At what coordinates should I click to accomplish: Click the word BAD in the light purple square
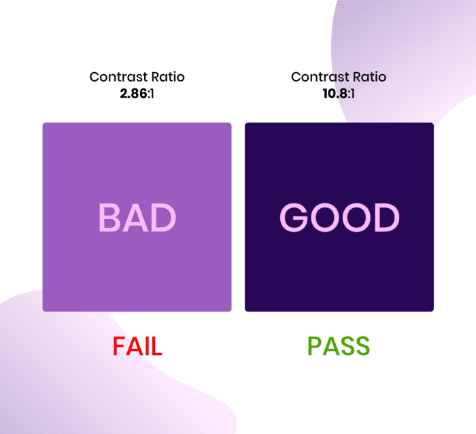137,218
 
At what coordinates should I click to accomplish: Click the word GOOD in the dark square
339,218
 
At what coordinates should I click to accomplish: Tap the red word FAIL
137,346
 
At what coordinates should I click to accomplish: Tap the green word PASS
339,346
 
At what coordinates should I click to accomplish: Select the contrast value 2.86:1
137,94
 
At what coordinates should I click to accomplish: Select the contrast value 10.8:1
339,94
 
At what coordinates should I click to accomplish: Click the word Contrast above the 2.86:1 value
118,77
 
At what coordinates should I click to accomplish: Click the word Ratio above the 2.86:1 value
168,77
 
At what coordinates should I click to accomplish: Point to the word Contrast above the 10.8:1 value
320,77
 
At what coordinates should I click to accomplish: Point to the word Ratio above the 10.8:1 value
369,77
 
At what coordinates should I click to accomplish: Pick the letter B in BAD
108,218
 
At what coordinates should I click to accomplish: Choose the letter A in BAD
135,218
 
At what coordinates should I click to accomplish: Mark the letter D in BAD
165,218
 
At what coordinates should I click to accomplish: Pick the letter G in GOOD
294,218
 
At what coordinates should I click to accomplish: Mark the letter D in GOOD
388,218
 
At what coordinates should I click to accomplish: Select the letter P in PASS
314,346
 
